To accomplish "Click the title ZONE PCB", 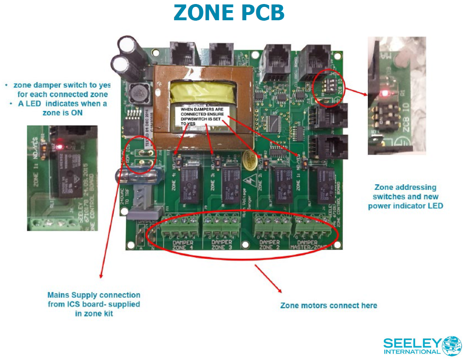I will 229,13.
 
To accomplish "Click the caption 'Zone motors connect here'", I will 329,305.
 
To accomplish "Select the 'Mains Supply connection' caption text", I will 94,304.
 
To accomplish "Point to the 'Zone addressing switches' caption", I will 405,196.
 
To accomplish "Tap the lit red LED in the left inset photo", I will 60,145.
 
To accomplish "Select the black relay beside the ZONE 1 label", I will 321,184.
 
